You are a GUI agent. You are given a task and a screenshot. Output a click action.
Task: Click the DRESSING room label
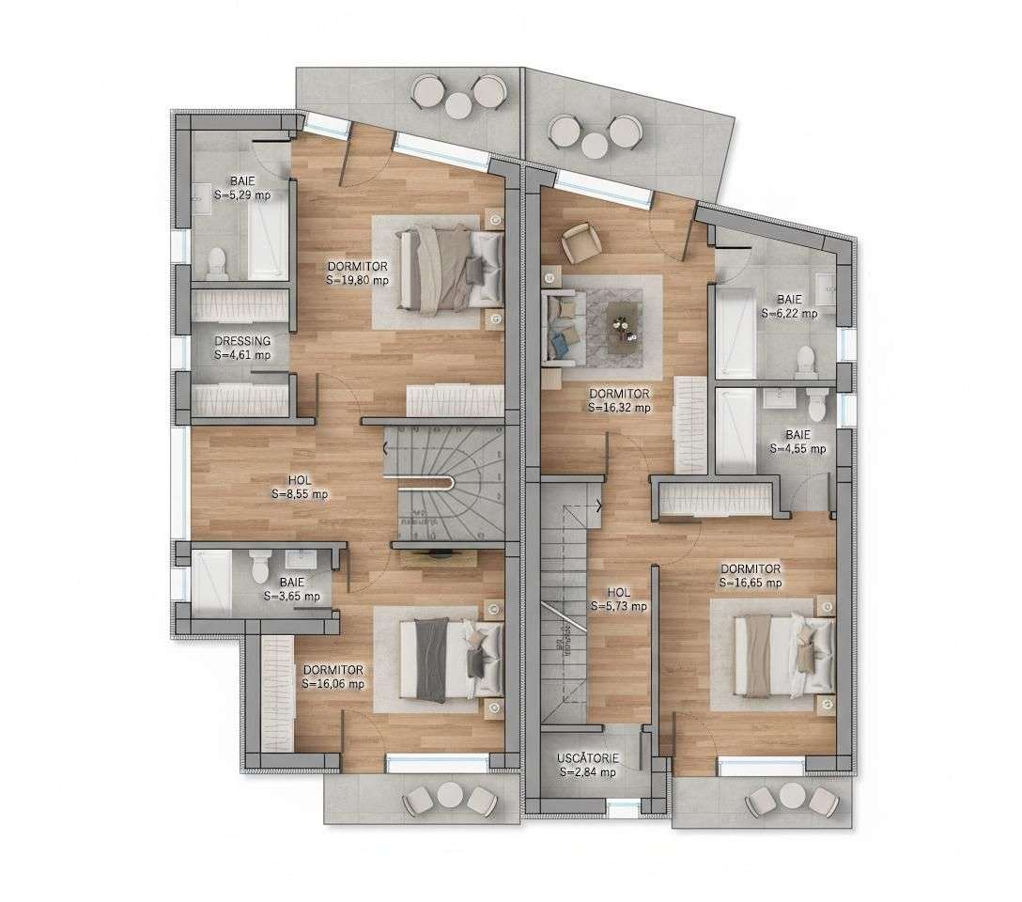(x=242, y=341)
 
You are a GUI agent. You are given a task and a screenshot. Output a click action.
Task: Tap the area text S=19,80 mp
(x=357, y=280)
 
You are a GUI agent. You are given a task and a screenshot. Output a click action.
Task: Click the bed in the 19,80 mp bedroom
(x=449, y=267)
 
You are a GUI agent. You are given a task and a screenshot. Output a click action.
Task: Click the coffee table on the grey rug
(x=625, y=326)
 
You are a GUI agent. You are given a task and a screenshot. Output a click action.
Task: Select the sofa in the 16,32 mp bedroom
(x=562, y=325)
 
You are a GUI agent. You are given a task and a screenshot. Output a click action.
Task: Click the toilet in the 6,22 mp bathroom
(x=804, y=362)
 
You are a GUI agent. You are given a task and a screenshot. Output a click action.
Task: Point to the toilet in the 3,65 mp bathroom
(x=261, y=567)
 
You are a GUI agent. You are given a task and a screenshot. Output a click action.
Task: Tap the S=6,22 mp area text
(x=789, y=313)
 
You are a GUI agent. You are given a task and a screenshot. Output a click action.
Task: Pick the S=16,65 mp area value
(x=751, y=583)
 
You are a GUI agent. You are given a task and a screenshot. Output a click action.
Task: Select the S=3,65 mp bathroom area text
(x=291, y=596)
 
